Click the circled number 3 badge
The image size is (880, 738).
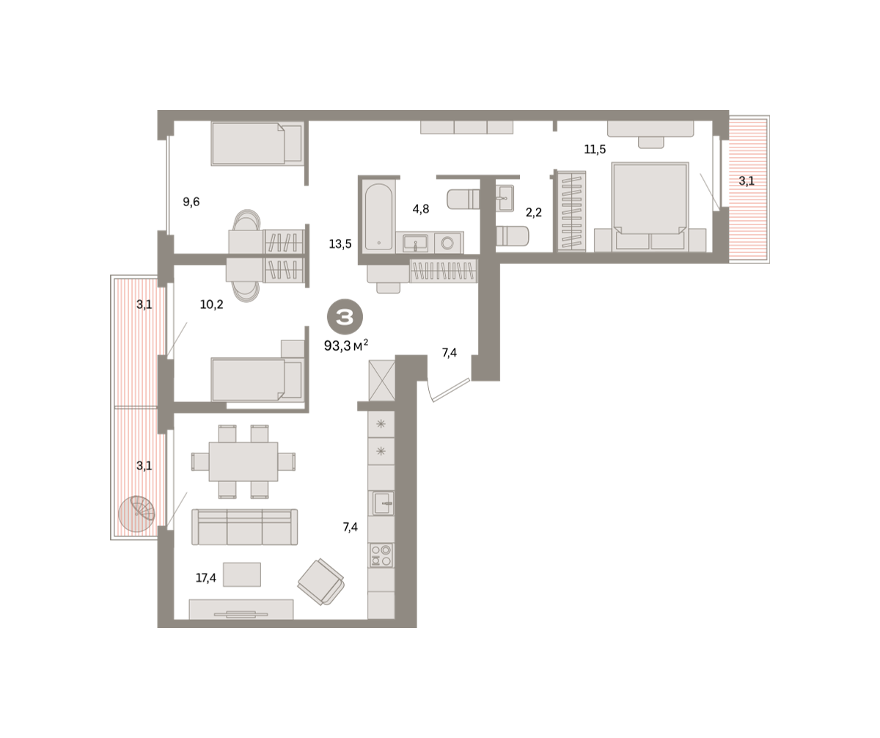(345, 316)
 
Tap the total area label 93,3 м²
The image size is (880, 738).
(346, 346)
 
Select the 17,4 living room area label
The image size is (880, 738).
(205, 578)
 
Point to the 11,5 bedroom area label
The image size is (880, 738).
(595, 149)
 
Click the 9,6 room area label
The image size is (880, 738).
(191, 202)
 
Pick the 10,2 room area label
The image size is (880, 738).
(212, 304)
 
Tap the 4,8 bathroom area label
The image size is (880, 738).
(421, 209)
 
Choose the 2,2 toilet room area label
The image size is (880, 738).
(534, 212)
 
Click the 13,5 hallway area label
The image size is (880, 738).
(340, 244)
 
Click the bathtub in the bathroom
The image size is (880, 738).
(379, 216)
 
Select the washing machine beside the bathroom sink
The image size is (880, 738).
(448, 243)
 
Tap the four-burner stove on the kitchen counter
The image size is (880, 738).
(381, 555)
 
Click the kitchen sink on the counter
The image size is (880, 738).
(381, 503)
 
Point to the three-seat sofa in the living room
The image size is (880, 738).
(244, 527)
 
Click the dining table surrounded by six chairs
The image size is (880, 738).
(243, 461)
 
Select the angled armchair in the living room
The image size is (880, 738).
(321, 582)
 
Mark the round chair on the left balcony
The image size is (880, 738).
(136, 514)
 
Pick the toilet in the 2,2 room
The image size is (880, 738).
(512, 236)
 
